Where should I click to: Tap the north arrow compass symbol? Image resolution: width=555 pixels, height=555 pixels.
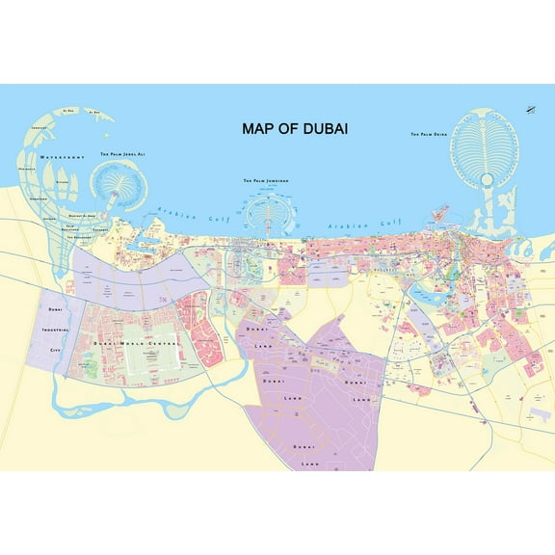[x=529, y=111]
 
